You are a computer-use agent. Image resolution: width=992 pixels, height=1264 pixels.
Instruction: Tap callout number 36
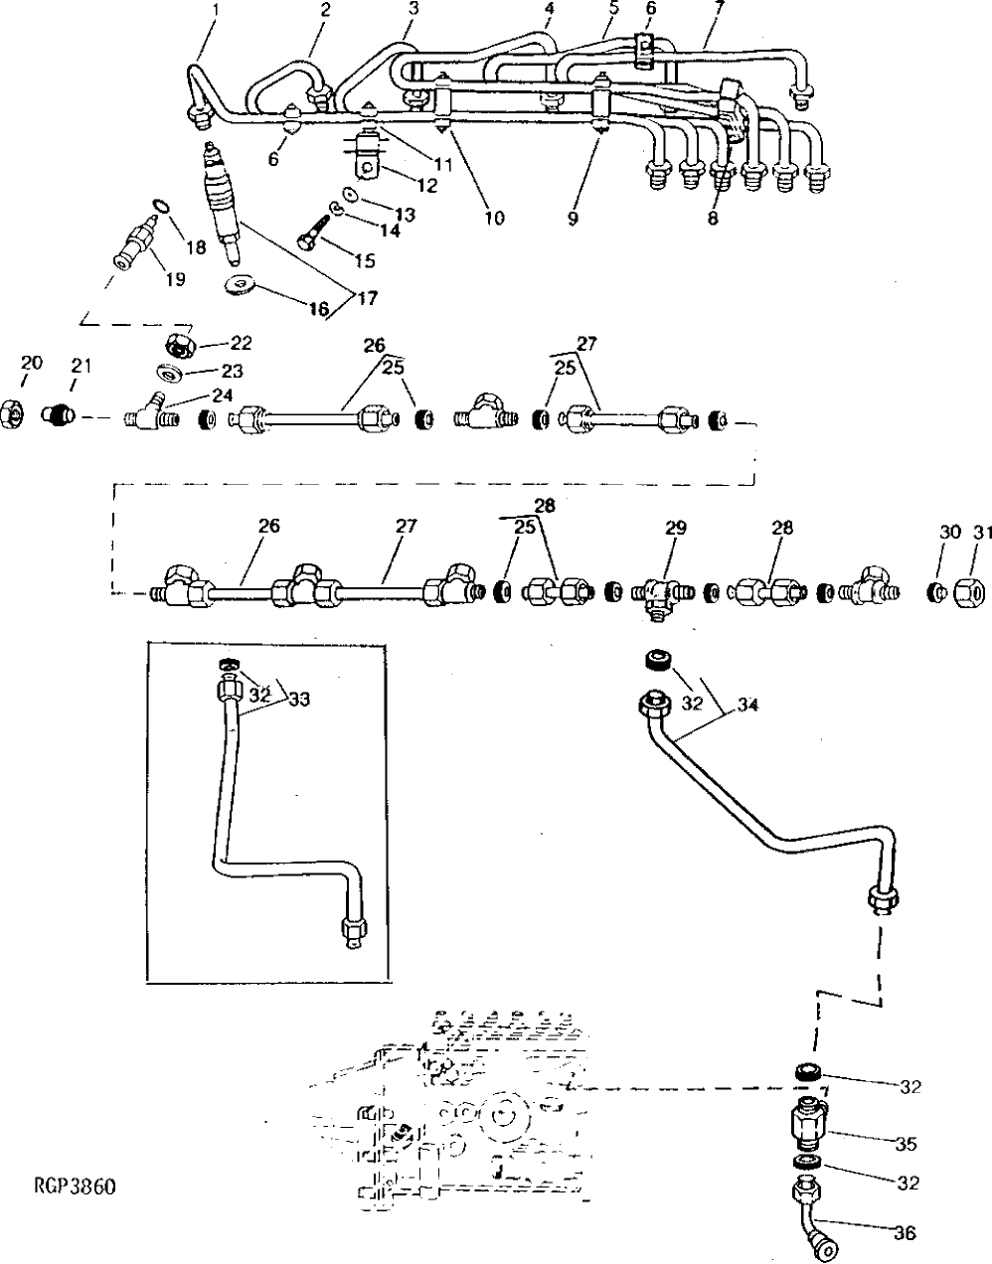(x=905, y=1235)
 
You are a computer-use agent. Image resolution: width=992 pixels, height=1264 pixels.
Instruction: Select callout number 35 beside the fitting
(x=905, y=1144)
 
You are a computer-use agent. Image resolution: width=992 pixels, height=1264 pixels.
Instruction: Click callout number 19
(x=175, y=279)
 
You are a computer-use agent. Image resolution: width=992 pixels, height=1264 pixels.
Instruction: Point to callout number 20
(x=32, y=364)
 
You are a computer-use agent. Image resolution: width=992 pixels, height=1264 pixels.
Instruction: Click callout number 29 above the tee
(x=675, y=529)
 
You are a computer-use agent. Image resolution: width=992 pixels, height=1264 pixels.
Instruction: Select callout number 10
(x=494, y=218)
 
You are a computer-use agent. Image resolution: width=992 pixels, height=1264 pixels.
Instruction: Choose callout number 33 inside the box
(x=299, y=700)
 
